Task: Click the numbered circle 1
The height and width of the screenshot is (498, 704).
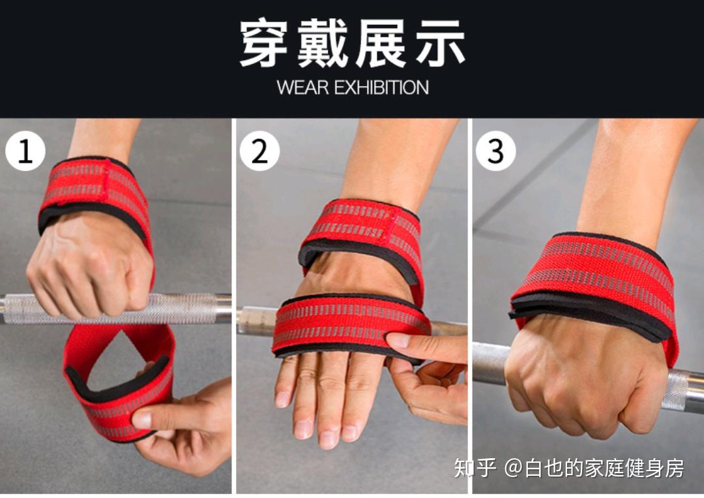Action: tap(25, 151)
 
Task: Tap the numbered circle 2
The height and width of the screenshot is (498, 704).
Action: tap(259, 151)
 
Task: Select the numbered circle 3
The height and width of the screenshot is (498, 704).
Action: tap(495, 151)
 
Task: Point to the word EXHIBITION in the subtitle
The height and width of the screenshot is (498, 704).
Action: tap(381, 87)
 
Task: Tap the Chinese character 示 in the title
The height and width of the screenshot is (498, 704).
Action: tap(441, 42)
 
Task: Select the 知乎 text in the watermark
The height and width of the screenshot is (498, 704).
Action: tap(475, 468)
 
